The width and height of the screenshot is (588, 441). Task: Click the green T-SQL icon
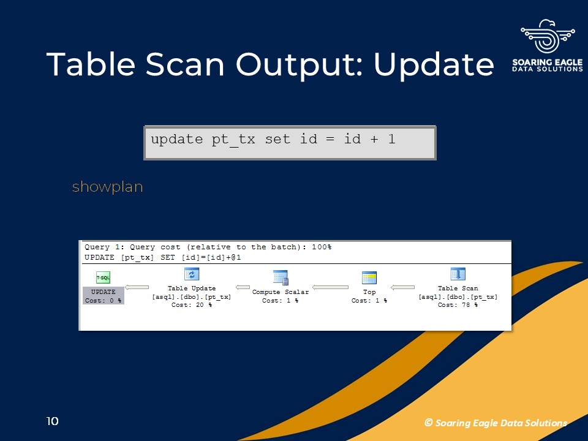pos(103,277)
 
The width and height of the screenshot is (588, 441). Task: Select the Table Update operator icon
pos(192,274)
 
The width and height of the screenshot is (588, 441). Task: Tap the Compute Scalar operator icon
pos(281,277)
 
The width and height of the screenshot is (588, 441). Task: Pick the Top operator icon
pos(369,278)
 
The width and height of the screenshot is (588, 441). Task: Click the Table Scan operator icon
pos(458,274)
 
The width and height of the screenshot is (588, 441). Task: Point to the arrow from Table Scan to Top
pos(403,288)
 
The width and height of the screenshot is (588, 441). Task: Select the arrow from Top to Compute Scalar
pos(330,288)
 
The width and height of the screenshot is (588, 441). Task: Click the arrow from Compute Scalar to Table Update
pos(243,288)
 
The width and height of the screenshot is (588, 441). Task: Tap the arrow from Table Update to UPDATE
pos(137,288)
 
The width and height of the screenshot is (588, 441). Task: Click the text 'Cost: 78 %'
pos(458,305)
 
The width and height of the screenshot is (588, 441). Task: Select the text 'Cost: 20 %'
pos(192,305)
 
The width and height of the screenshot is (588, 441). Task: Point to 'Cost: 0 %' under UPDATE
pos(103,301)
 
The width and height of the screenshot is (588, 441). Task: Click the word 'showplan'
pos(108,187)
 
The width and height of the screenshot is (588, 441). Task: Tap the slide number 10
pos(53,421)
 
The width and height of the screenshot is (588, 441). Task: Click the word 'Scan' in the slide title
pos(185,64)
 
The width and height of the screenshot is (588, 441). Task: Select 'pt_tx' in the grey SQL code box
pos(233,140)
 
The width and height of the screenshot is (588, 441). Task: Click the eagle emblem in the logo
pos(548,36)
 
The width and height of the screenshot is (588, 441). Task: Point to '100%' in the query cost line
pos(322,247)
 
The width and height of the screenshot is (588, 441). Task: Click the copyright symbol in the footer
pos(429,423)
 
